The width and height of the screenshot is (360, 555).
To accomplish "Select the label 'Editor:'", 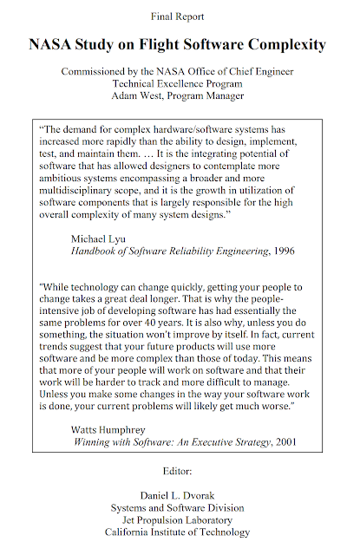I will coord(180,470).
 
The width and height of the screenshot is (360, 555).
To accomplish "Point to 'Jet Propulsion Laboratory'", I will coord(180,519).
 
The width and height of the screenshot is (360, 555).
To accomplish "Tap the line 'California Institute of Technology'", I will coord(180,532).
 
